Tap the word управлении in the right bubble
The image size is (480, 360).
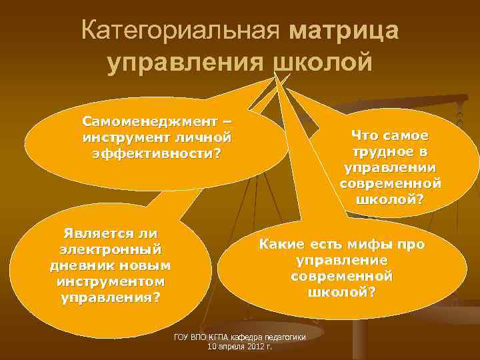[x=390, y=167]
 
